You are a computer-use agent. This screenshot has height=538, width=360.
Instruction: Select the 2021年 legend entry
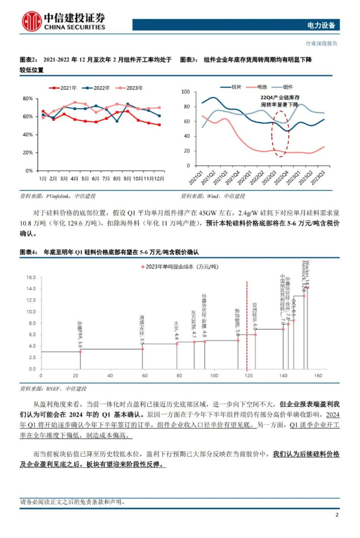[65, 88]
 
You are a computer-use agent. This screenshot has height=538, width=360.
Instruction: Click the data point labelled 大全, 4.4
[176, 344]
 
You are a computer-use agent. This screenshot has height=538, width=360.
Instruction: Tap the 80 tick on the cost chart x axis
[178, 376]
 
